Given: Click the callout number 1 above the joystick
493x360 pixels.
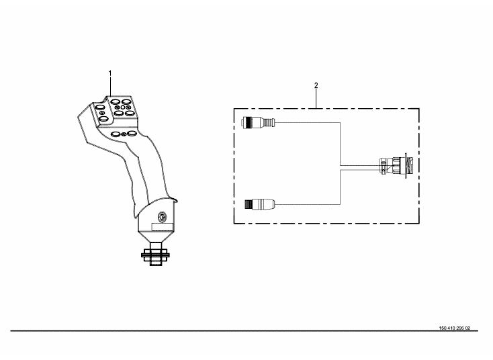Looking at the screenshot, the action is pyautogui.click(x=110, y=73).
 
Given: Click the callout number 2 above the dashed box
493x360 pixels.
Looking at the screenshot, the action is pyautogui.click(x=316, y=85).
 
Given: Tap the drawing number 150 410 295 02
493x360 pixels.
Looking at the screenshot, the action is pyautogui.click(x=454, y=328).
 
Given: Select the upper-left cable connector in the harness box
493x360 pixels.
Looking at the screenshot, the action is pyautogui.click(x=258, y=122).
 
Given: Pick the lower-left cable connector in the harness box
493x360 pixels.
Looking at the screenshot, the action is pyautogui.click(x=260, y=204).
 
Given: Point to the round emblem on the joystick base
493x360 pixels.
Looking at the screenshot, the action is pyautogui.click(x=162, y=216).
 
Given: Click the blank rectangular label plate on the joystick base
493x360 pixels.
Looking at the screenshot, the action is pyautogui.click(x=163, y=227).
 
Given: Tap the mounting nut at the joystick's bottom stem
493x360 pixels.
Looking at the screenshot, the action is pyautogui.click(x=156, y=254).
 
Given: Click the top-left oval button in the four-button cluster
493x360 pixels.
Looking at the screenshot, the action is pyautogui.click(x=115, y=101).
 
